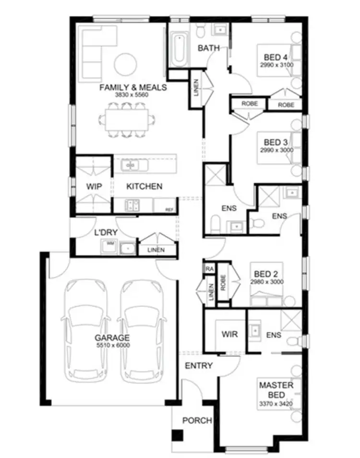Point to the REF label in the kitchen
(168, 210)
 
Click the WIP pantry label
(94, 186)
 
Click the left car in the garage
(87, 331)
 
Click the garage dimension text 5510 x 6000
(112, 345)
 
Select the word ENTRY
(199, 366)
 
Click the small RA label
(210, 269)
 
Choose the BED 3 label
(276, 142)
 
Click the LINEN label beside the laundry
(156, 250)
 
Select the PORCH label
(197, 421)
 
